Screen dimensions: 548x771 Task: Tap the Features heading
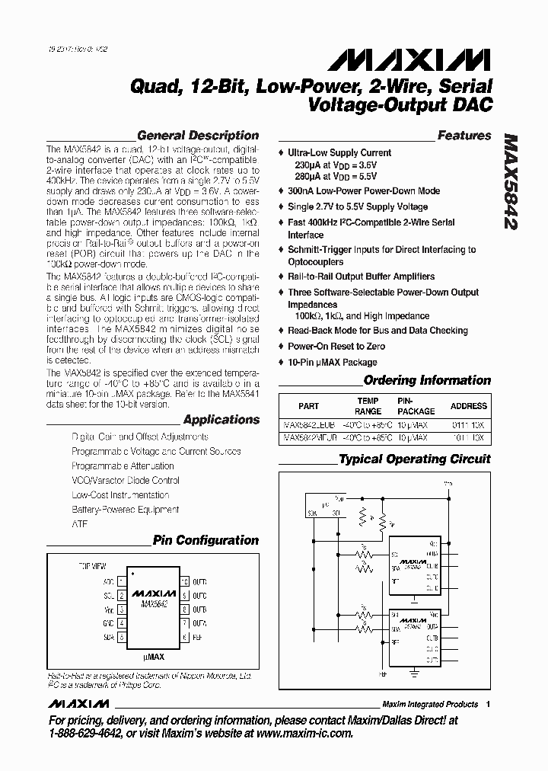click(464, 136)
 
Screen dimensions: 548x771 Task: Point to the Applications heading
click(221, 420)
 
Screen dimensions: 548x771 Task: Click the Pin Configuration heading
click(205, 540)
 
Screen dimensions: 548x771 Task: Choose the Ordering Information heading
click(427, 380)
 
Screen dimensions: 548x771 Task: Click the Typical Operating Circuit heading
click(415, 459)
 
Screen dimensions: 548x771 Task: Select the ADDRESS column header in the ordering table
click(468, 406)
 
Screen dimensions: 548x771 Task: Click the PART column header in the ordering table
click(308, 406)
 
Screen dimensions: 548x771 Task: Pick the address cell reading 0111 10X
click(467, 424)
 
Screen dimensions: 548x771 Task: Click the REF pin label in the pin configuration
click(196, 636)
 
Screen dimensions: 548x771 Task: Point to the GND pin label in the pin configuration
click(108, 622)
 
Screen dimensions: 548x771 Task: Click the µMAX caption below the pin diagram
click(153, 656)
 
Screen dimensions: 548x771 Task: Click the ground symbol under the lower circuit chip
click(415, 671)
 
